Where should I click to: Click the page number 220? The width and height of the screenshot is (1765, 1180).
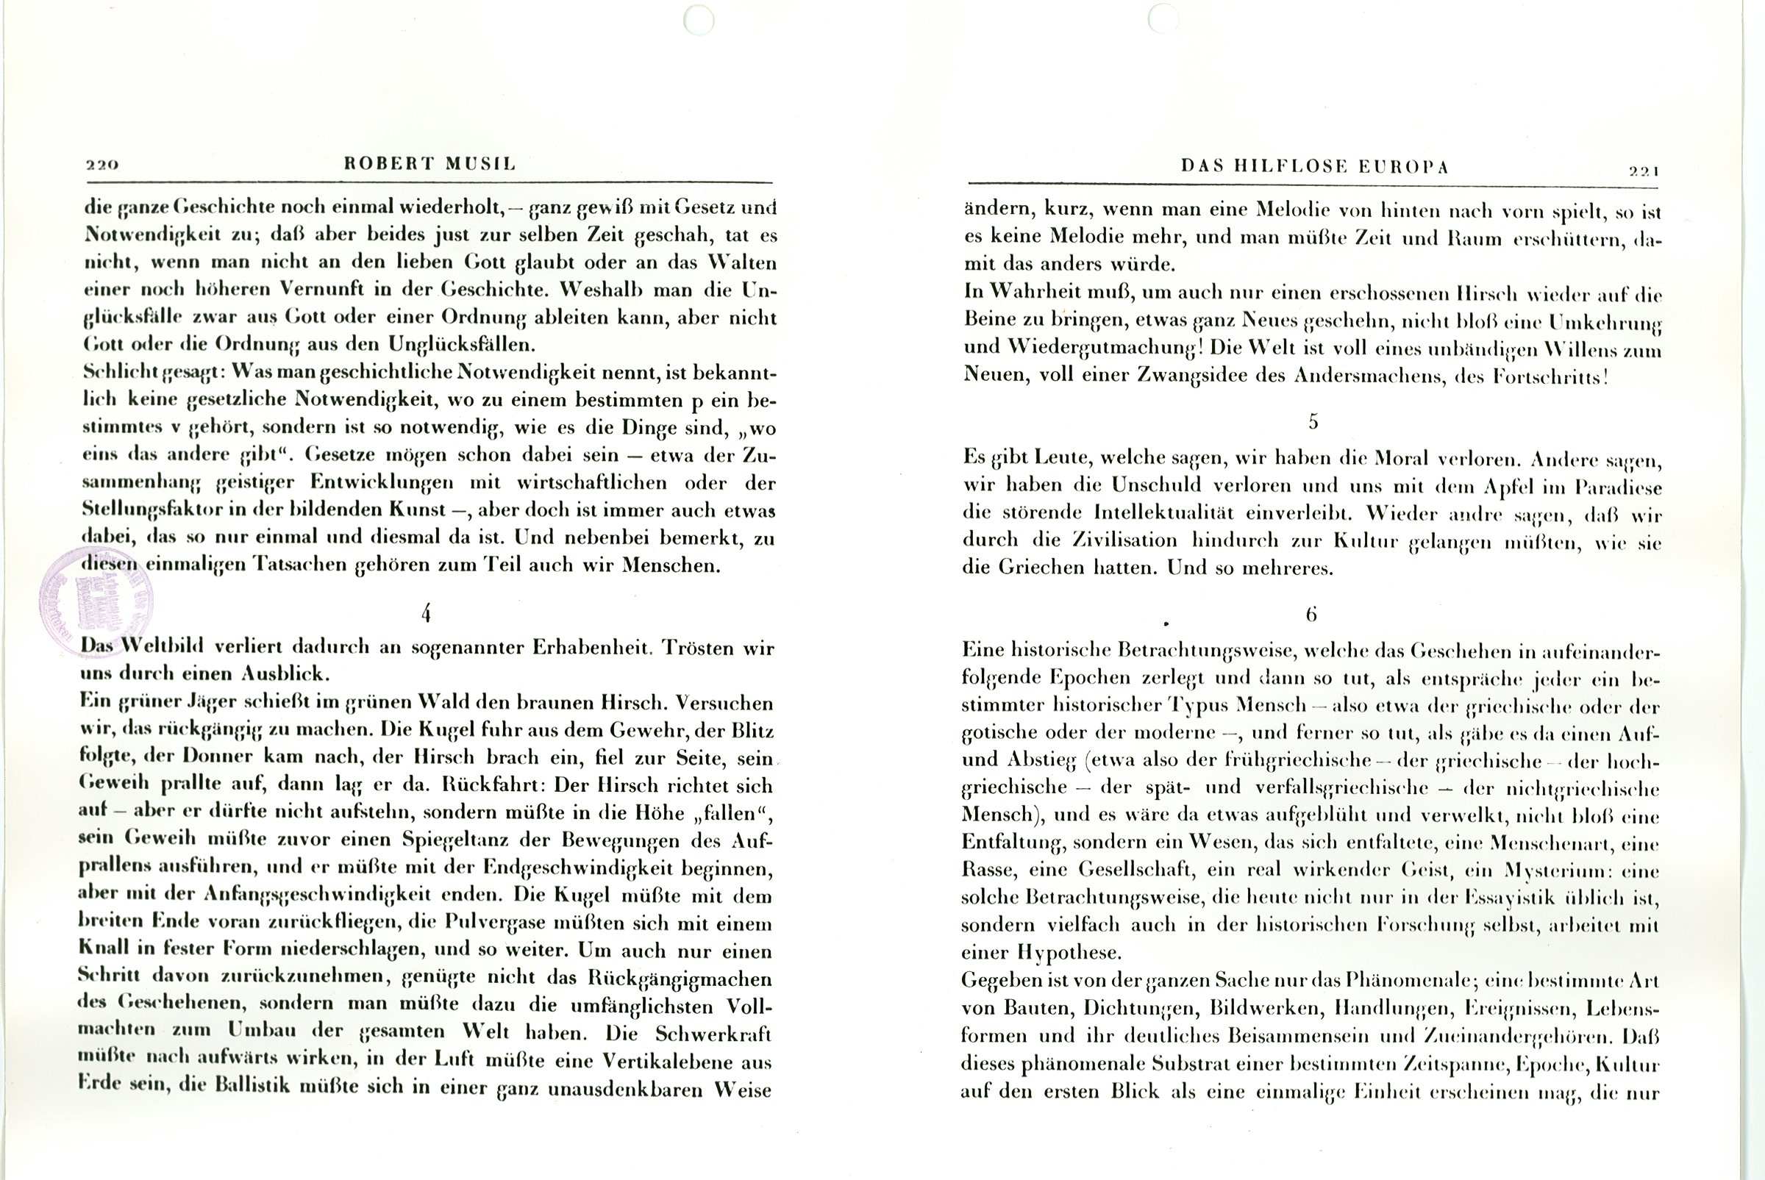(102, 165)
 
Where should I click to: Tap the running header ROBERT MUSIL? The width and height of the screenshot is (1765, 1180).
(429, 164)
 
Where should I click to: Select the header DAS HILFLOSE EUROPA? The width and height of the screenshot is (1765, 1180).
(1315, 166)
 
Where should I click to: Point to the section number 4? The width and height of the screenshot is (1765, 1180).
(426, 614)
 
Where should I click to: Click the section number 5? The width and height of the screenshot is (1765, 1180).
(1313, 421)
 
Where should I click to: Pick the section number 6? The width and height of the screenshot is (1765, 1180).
(1311, 615)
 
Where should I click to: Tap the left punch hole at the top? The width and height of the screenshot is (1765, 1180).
(699, 20)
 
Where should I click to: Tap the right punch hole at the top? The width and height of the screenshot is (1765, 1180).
(1163, 18)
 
